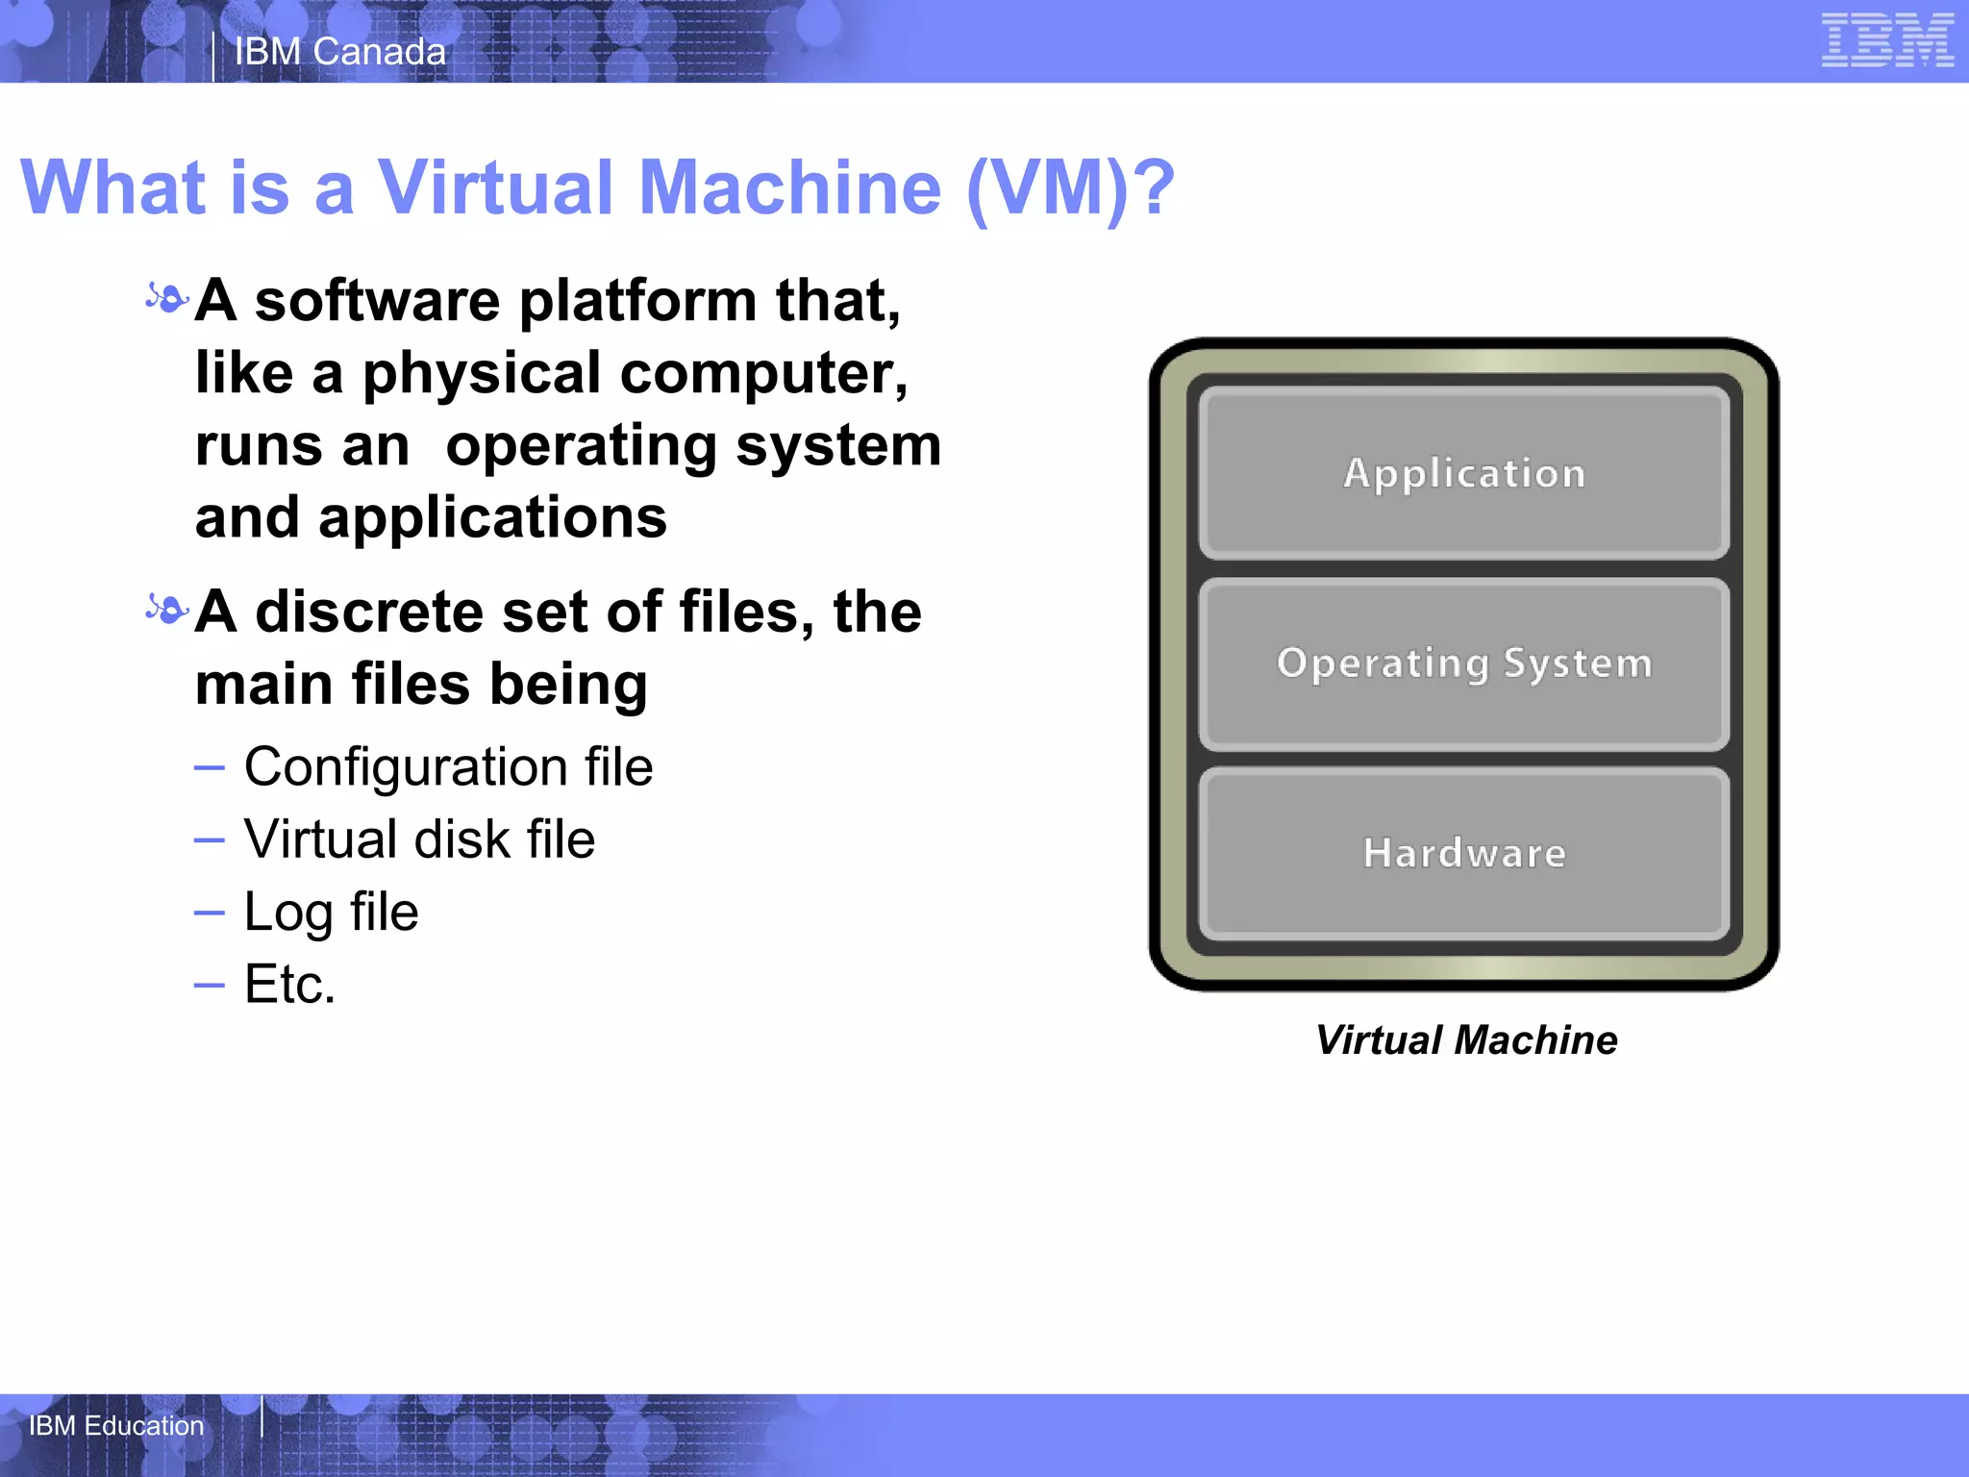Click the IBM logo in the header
pos(1887,42)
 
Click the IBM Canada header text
pos(340,52)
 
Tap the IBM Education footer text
pos(116,1425)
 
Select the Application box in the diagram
pos(1464,473)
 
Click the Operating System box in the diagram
pos(1464,663)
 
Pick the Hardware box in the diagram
pos(1464,853)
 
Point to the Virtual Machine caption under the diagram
pos(1466,1040)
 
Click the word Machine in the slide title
pos(789,188)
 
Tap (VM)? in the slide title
pos(1070,188)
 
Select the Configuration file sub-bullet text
pos(448,767)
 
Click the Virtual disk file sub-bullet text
pos(419,839)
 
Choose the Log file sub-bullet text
pos(331,912)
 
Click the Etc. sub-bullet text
pos(289,984)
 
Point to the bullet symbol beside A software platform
pos(166,299)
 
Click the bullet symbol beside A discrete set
pos(166,610)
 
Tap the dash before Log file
pos(209,913)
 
